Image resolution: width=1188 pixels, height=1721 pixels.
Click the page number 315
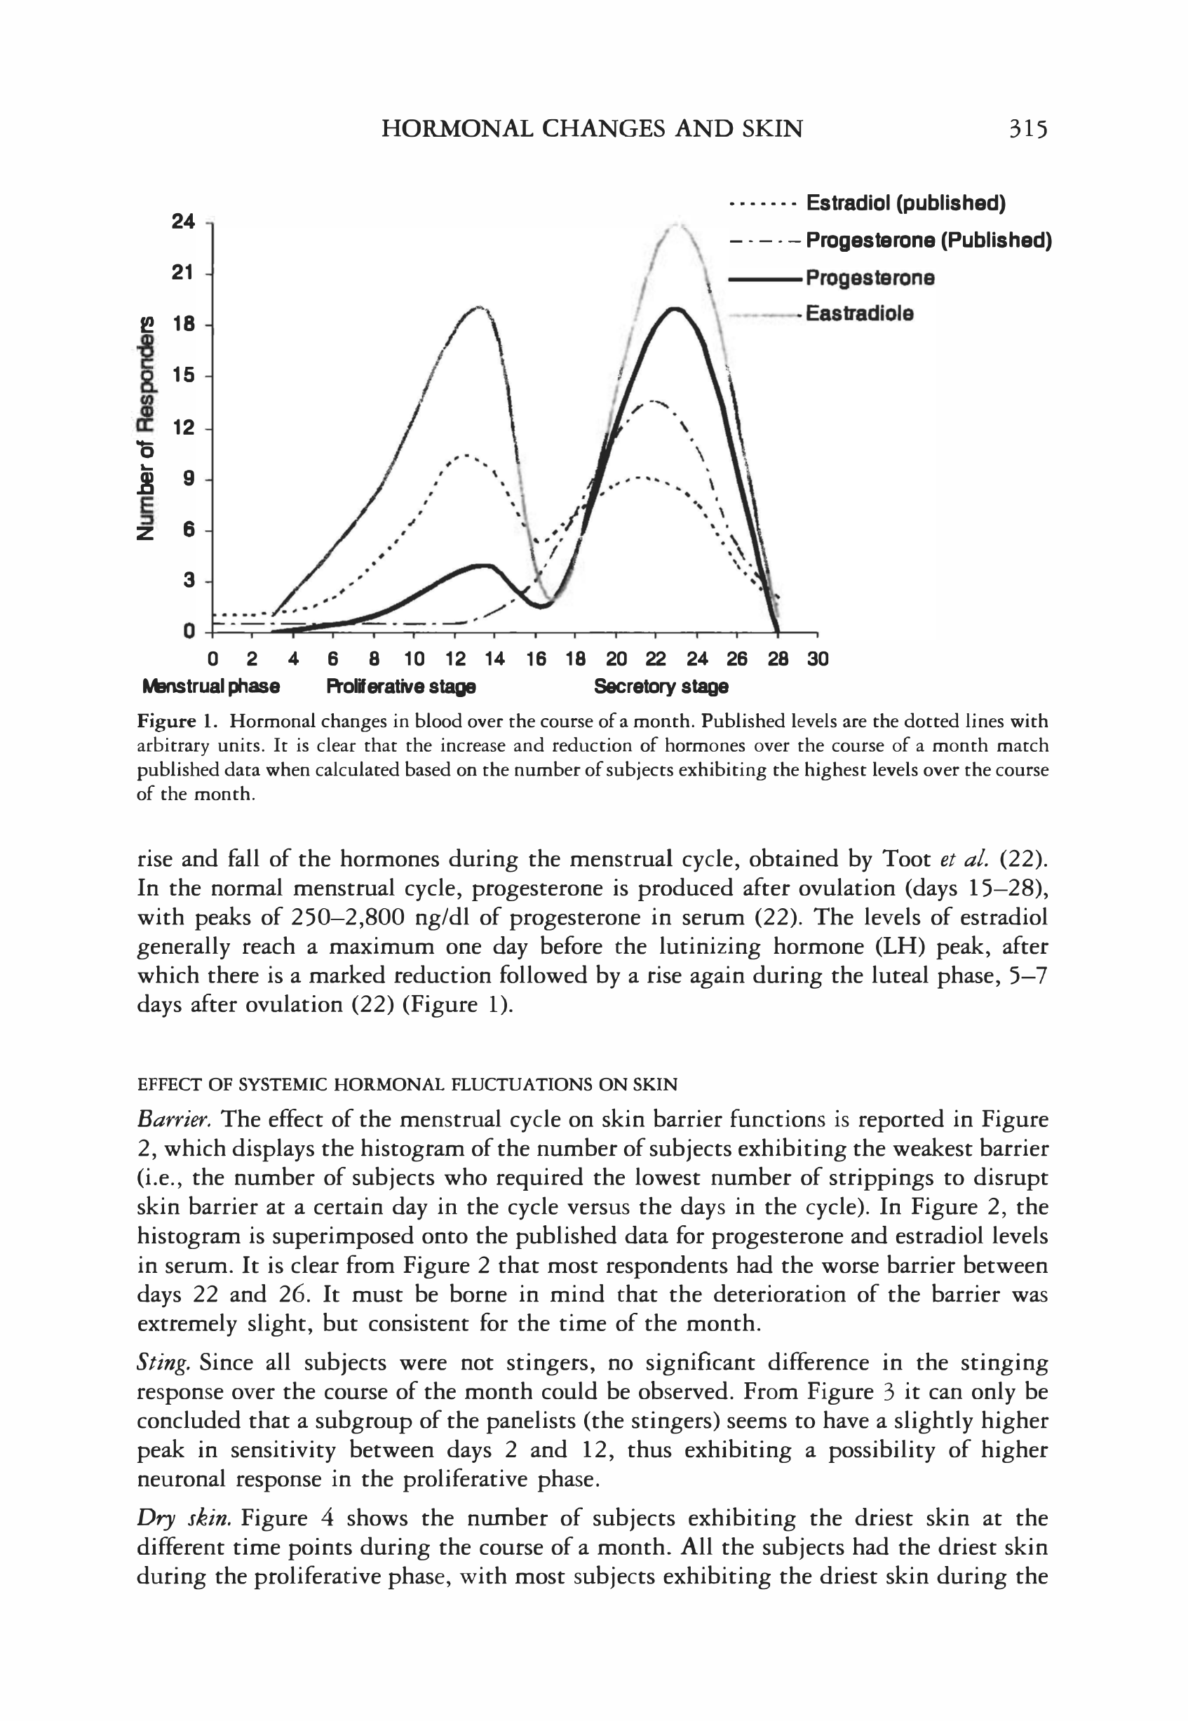click(1028, 130)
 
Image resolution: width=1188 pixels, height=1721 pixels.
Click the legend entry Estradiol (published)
click(905, 203)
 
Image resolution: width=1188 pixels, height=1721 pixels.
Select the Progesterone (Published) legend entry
click(929, 241)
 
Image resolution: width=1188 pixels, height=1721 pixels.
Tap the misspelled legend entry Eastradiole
click(859, 313)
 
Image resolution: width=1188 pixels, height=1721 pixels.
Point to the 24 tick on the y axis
click(183, 222)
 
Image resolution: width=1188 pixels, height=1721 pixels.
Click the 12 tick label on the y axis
click(183, 428)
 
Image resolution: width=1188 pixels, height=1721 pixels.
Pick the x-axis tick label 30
click(817, 659)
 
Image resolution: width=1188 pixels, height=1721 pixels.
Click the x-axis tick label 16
click(535, 659)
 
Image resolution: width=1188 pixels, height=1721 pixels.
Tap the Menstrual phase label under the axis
click(211, 687)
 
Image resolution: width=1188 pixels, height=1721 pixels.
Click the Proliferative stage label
click(401, 687)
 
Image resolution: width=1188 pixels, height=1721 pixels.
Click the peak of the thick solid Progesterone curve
click(675, 308)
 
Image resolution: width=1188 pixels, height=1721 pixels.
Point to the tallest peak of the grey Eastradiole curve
click(676, 223)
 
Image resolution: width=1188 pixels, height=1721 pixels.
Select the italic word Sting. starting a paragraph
click(165, 1363)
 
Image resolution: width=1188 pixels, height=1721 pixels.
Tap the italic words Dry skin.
click(185, 1518)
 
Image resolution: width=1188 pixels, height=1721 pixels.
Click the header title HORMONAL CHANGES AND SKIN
click(592, 130)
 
